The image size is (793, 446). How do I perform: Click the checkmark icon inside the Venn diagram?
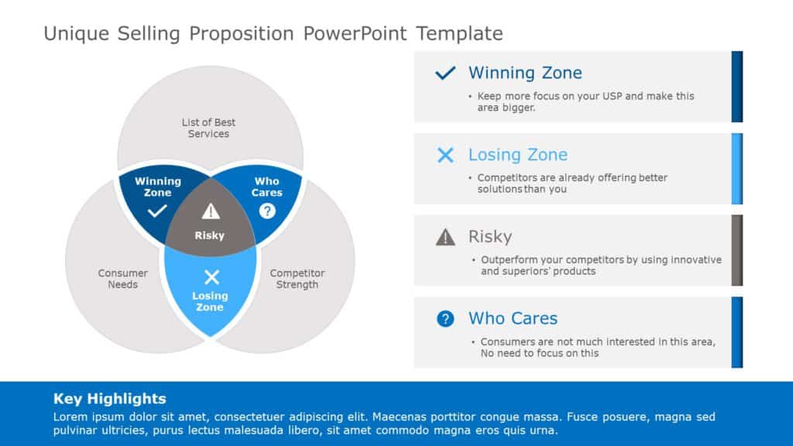click(157, 211)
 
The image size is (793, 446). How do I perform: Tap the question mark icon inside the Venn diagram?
click(267, 211)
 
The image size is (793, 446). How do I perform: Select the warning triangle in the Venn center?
click(211, 211)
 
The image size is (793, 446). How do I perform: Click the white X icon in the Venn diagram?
click(211, 277)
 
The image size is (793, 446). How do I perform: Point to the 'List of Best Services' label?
click(208, 128)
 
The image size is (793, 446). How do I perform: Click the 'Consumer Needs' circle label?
click(122, 279)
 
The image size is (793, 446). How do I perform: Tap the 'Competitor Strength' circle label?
click(297, 279)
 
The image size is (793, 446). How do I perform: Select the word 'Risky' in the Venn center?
click(210, 235)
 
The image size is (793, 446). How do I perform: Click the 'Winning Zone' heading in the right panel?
click(525, 73)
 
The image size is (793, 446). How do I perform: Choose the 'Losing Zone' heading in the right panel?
click(518, 154)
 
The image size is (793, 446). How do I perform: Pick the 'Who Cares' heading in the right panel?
click(513, 318)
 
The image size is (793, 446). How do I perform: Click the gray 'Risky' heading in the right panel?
click(490, 236)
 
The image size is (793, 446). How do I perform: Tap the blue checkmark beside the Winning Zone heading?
click(445, 74)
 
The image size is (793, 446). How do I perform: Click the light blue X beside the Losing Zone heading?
click(445, 155)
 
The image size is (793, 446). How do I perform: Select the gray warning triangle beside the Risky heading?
click(445, 237)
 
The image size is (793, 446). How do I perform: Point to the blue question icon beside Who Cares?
click(445, 318)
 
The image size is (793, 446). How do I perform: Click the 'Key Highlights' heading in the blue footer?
click(109, 399)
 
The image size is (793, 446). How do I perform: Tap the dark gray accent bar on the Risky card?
click(736, 250)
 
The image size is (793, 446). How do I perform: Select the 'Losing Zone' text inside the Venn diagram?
click(210, 301)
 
